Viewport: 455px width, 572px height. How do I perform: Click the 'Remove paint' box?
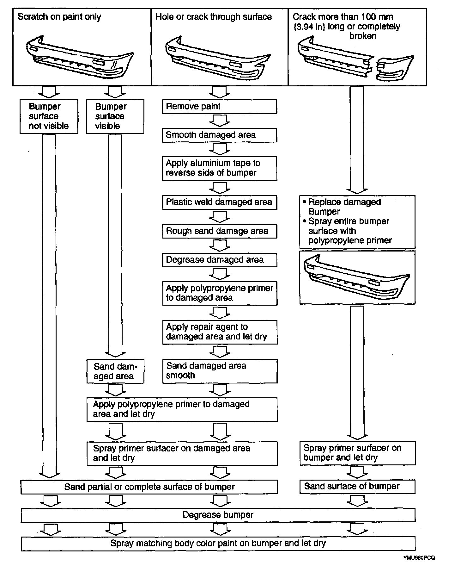pos(219,107)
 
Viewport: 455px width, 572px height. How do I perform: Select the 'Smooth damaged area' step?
pos(219,135)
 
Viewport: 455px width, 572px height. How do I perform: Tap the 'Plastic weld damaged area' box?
pos(219,202)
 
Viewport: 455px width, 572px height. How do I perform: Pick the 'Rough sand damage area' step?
pos(219,231)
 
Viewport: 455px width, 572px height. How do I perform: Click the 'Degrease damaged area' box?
pos(219,260)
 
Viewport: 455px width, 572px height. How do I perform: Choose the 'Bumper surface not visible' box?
pos(49,116)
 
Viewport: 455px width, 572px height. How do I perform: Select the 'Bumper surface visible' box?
pos(115,116)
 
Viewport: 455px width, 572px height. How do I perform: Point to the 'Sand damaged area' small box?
pos(115,371)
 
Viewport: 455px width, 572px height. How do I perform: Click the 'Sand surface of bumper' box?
pos(357,486)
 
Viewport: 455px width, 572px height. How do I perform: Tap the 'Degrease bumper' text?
pos(218,515)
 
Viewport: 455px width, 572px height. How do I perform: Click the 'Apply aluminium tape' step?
pos(219,168)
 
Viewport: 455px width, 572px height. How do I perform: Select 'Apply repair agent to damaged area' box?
pos(219,332)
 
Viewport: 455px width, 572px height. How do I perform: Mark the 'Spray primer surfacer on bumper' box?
pos(357,453)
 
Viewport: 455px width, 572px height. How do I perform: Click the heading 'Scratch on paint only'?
pos(59,17)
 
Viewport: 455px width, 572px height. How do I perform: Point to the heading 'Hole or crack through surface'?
pos(214,17)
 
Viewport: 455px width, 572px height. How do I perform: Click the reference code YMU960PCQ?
pos(419,558)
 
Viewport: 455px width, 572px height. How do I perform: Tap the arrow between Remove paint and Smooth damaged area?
pos(219,121)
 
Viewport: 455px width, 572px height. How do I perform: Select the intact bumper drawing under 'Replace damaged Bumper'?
pos(357,277)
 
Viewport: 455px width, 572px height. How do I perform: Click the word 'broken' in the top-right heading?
pos(363,36)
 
